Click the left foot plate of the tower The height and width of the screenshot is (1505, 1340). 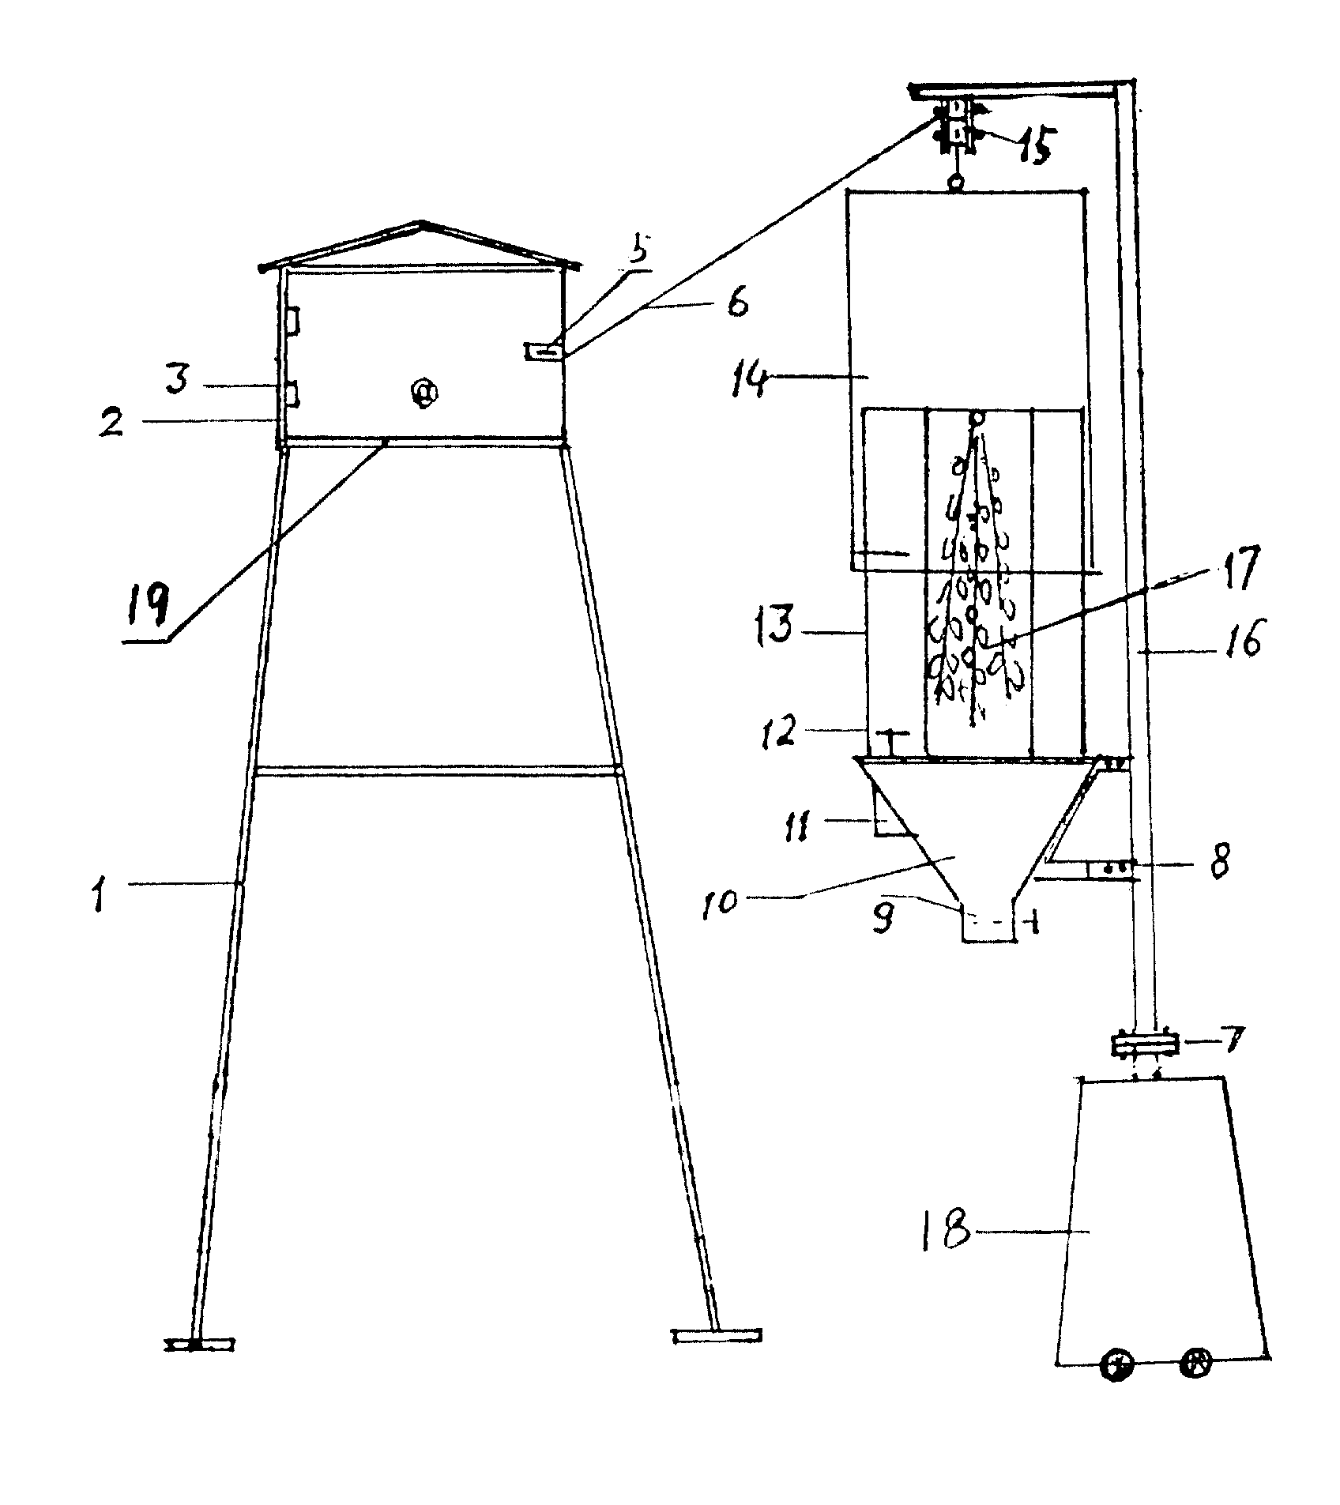199,1342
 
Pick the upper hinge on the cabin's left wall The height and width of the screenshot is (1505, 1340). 291,320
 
